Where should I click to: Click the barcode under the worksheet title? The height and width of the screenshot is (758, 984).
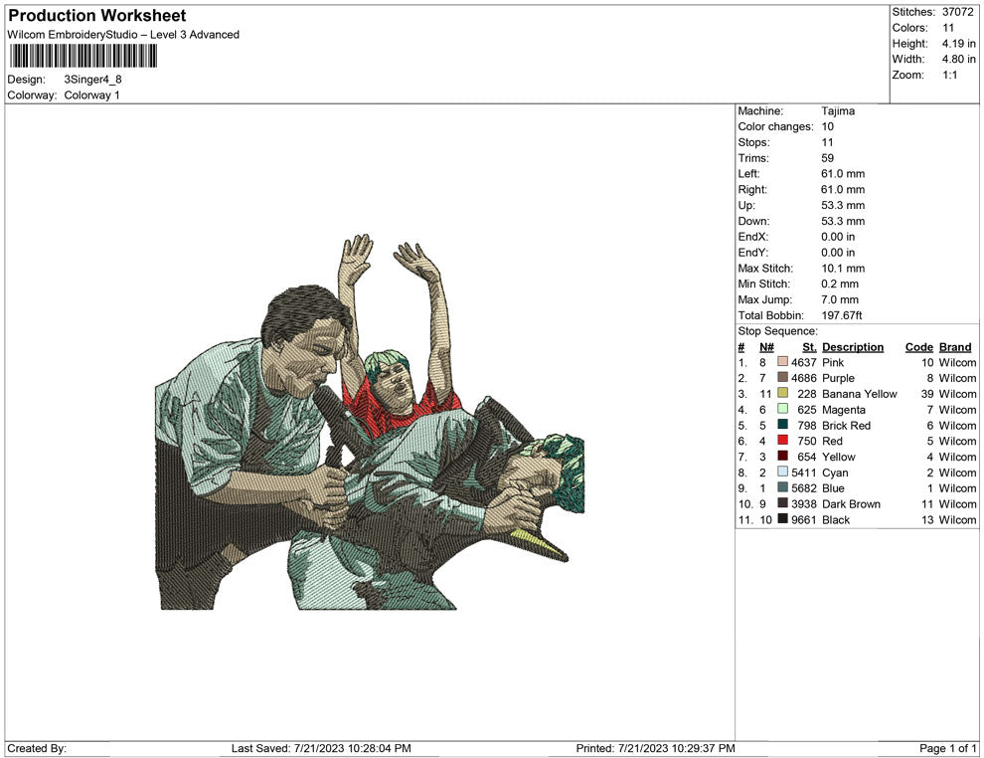pos(82,56)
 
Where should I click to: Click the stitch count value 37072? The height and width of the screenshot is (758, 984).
pos(957,12)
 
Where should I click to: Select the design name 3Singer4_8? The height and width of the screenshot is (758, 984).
pos(92,80)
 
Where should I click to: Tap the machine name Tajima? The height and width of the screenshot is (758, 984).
pos(838,111)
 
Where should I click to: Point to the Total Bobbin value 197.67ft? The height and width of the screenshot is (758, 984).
pos(842,315)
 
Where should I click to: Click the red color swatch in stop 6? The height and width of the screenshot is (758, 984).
pos(782,441)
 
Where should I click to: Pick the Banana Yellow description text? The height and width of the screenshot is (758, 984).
pos(859,394)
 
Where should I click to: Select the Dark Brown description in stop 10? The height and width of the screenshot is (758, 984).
pos(851,503)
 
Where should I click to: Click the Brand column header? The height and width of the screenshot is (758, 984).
pos(955,347)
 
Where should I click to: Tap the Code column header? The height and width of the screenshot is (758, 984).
pos(919,347)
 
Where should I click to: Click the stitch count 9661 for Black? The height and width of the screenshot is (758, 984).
pos(804,519)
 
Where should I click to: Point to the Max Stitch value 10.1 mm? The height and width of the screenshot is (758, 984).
pos(843,269)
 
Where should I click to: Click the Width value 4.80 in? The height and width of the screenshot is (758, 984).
pos(959,59)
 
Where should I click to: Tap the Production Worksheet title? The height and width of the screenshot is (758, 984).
pos(97,16)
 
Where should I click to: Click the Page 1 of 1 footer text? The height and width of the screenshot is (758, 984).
pos(947,748)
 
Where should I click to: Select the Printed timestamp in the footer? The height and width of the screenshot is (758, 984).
pos(655,748)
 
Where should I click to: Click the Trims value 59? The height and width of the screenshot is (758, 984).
pos(828,158)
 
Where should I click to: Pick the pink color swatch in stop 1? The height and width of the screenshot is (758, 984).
pos(782,362)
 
